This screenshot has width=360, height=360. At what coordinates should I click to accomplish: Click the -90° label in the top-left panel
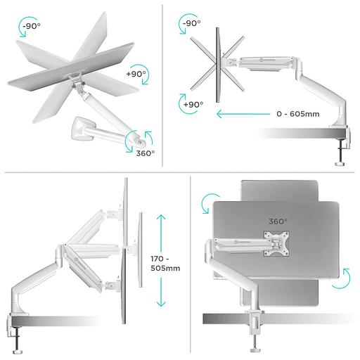(x=31, y=26)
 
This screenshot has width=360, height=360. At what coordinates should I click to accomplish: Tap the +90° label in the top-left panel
(x=135, y=74)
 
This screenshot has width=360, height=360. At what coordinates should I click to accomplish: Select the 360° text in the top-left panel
(x=146, y=153)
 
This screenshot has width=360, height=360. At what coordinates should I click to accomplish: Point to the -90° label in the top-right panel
(x=191, y=22)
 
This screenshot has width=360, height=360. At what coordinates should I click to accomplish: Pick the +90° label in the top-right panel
(x=193, y=105)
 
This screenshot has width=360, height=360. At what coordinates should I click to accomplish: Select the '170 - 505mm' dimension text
(x=165, y=263)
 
